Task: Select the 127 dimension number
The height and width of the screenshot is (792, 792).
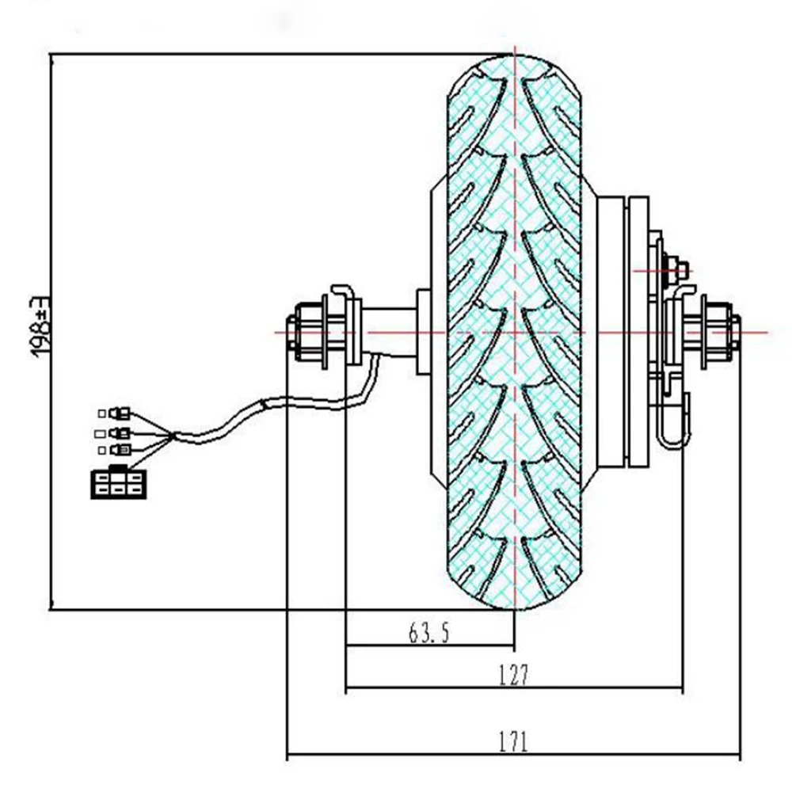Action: click(x=513, y=675)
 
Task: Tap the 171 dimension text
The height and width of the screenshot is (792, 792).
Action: click(x=513, y=742)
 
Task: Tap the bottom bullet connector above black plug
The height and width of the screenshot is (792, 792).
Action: click(x=118, y=450)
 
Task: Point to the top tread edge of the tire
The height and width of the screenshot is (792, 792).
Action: click(x=515, y=57)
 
